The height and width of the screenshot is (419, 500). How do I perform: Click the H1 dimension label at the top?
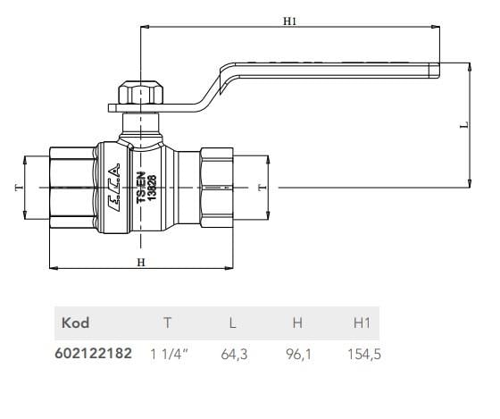click(x=289, y=21)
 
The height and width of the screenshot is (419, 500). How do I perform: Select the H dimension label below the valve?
click(x=141, y=262)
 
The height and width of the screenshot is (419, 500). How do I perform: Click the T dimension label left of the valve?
click(x=16, y=188)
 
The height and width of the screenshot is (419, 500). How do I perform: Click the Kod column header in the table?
click(x=75, y=323)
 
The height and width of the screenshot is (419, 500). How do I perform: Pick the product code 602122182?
click(x=94, y=354)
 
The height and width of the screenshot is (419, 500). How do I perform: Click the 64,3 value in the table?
click(x=234, y=354)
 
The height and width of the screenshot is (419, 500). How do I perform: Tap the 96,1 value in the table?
click(x=299, y=354)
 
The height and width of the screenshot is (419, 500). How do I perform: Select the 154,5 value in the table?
click(x=363, y=354)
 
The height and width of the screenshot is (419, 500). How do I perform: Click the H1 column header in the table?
click(x=362, y=323)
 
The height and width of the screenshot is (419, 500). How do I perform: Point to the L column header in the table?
click(x=234, y=323)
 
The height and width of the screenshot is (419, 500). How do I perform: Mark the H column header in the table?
click(x=299, y=323)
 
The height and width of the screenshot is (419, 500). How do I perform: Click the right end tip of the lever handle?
click(x=437, y=67)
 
